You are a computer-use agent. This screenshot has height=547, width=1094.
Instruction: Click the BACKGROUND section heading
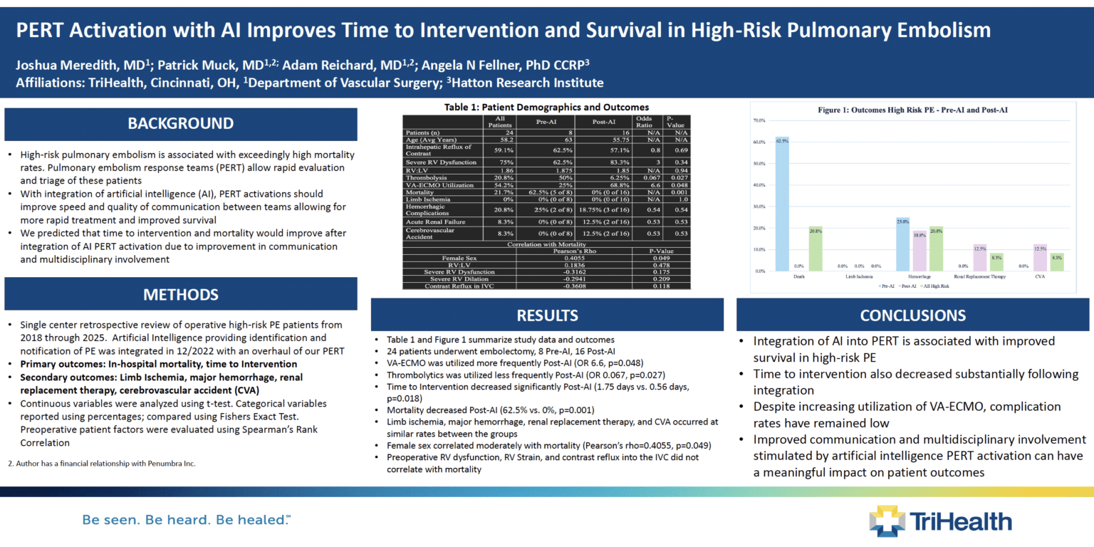click(x=180, y=124)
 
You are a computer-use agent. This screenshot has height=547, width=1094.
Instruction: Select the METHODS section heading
click(x=180, y=294)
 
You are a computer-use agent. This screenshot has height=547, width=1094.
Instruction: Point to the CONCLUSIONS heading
click(x=912, y=315)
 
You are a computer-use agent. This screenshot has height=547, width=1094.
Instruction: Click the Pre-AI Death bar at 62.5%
click(x=782, y=204)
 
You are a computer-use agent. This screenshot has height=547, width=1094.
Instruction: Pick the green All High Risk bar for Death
click(x=816, y=249)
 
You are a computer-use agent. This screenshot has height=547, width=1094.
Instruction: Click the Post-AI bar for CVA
click(x=1040, y=258)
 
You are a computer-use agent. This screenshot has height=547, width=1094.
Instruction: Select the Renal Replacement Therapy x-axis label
click(x=979, y=276)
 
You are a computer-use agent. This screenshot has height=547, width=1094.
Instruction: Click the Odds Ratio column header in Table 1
click(x=643, y=121)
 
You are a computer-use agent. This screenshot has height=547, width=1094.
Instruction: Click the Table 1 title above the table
click(x=546, y=107)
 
